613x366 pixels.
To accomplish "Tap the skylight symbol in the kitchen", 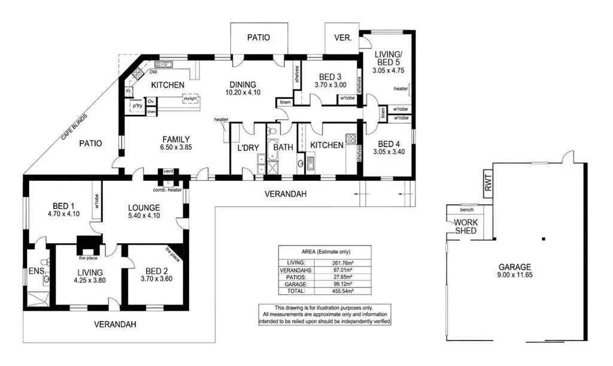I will [x=190, y=98].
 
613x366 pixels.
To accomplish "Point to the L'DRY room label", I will [x=247, y=147].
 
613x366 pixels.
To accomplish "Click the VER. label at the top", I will [x=342, y=37].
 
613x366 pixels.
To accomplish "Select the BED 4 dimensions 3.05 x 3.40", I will [x=389, y=152].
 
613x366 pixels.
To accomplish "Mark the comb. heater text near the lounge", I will [x=167, y=190].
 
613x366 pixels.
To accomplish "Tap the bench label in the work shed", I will [x=467, y=210].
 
